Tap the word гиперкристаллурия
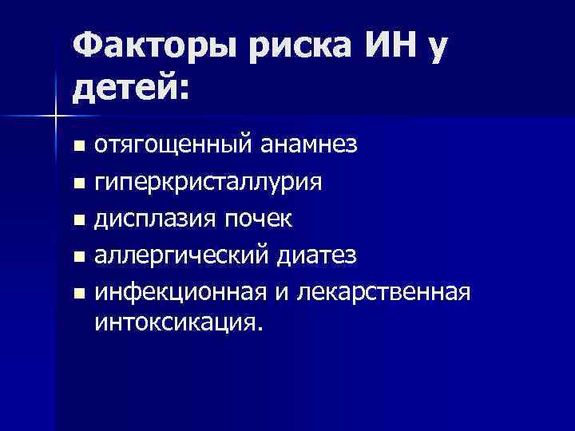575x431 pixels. (x=208, y=184)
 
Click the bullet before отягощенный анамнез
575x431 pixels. (x=77, y=148)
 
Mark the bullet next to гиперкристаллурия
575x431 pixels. (x=77, y=184)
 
